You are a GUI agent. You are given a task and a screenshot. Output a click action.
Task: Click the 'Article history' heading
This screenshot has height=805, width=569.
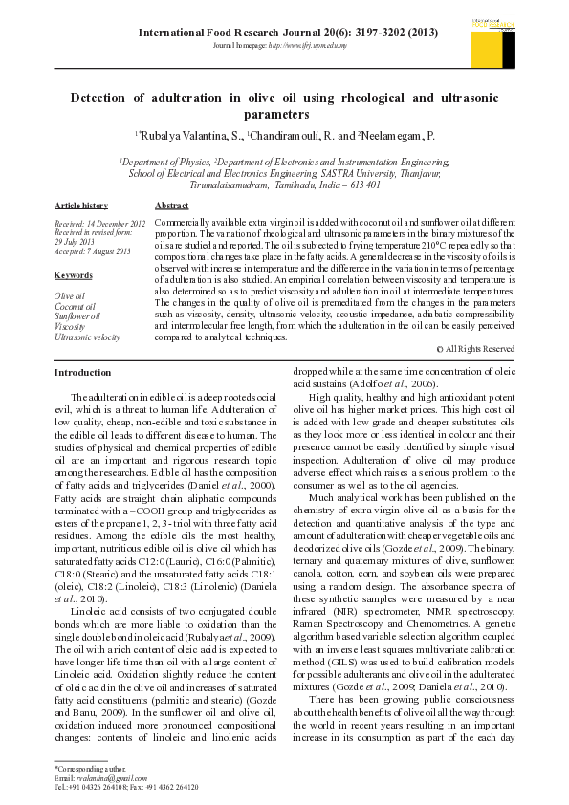point(81,206)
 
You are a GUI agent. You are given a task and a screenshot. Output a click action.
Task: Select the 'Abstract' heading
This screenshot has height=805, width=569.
point(171,206)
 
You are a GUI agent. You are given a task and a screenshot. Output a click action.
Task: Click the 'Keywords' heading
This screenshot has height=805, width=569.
point(73,276)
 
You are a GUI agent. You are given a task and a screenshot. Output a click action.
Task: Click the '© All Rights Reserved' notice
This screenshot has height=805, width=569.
point(475,349)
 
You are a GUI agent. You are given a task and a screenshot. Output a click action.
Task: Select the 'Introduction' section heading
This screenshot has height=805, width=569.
point(82,372)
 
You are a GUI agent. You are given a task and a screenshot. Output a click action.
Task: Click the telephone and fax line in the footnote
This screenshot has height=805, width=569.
point(125,787)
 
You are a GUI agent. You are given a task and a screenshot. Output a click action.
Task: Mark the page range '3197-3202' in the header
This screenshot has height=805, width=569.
point(379,32)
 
